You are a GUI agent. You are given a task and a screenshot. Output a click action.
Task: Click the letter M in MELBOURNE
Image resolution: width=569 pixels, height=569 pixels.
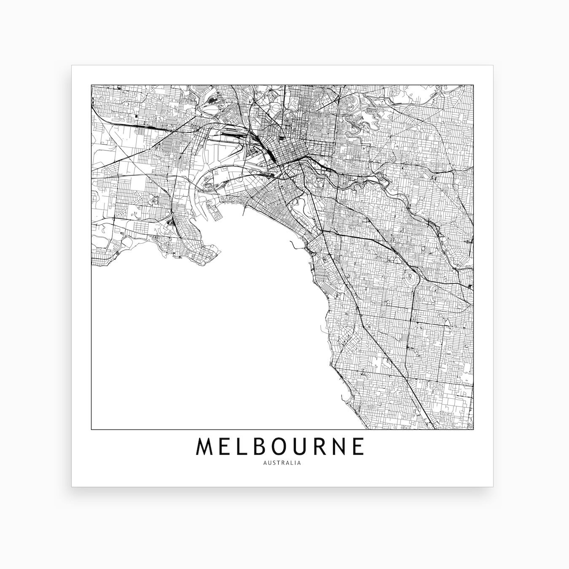[204, 447]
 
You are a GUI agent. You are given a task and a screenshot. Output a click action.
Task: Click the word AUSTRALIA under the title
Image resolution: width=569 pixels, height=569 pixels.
[282, 463]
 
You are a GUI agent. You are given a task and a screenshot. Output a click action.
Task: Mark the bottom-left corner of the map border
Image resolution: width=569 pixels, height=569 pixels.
[91, 429]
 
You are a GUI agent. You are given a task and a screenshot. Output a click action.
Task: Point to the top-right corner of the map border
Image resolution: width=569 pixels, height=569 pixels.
[473, 85]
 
